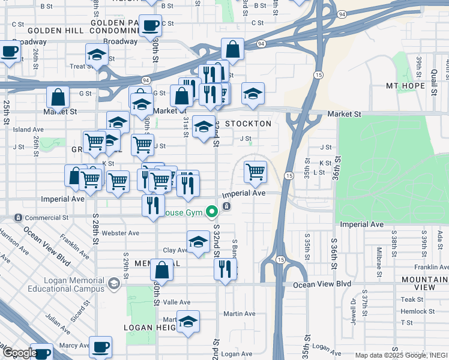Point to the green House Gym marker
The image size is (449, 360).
tap(211, 211)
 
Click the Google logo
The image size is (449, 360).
tap(19, 353)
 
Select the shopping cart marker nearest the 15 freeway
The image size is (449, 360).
tap(256, 172)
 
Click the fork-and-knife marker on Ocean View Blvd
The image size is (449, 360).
tap(226, 269)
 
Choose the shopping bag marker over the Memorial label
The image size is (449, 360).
tap(161, 271)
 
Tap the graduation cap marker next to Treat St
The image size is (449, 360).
tap(97, 56)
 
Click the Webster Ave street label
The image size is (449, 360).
tap(121, 233)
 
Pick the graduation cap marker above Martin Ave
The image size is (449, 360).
tap(188, 322)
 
